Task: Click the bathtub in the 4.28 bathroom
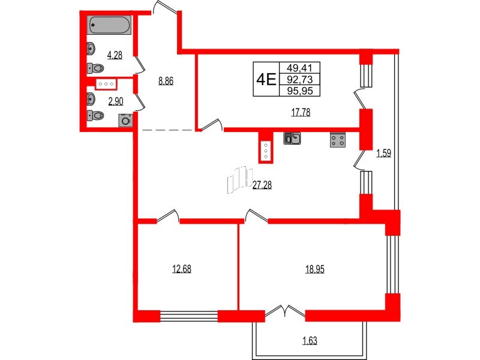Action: coord(109,26)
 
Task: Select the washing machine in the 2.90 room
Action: coord(125,120)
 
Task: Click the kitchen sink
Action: coord(292,139)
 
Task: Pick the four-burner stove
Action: coord(337,140)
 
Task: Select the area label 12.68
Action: coord(182,268)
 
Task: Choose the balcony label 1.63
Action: coord(310,343)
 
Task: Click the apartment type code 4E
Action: coord(265,79)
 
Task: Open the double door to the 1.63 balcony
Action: coord(285,311)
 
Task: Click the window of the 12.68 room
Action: coord(188,316)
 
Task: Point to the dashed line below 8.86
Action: coord(167,129)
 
